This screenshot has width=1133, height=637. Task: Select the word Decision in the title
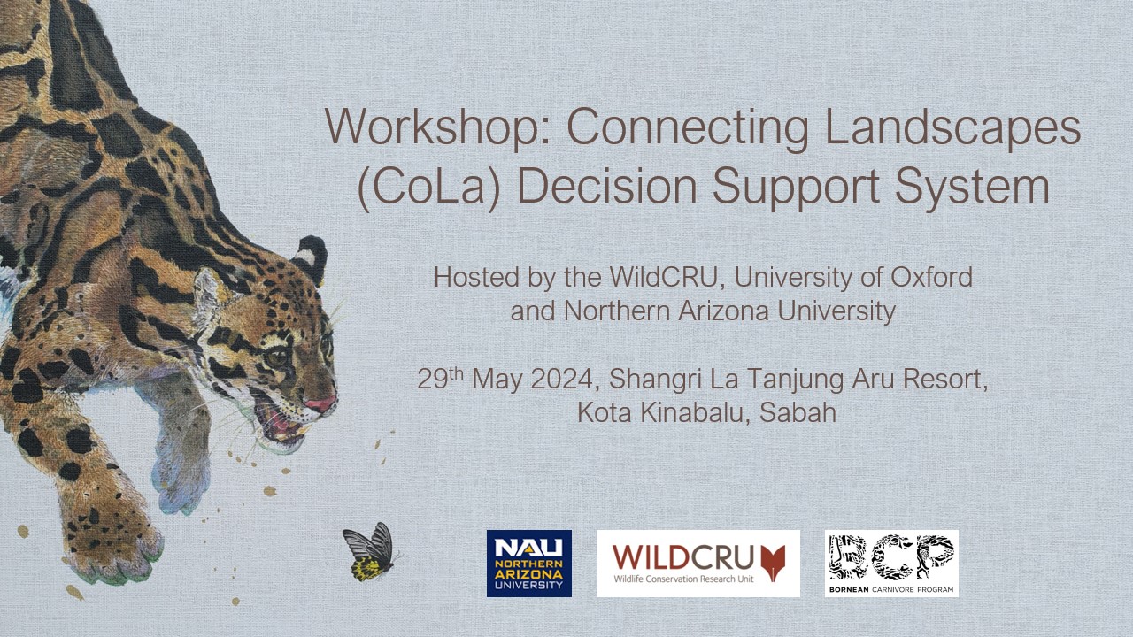[606, 185]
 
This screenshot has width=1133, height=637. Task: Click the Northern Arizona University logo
[529, 564]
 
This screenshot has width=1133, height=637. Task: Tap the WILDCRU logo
[698, 564]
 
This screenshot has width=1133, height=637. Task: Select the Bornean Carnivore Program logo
[891, 564]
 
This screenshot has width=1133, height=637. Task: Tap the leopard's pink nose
[321, 405]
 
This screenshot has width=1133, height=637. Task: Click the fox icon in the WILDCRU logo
[775, 562]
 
